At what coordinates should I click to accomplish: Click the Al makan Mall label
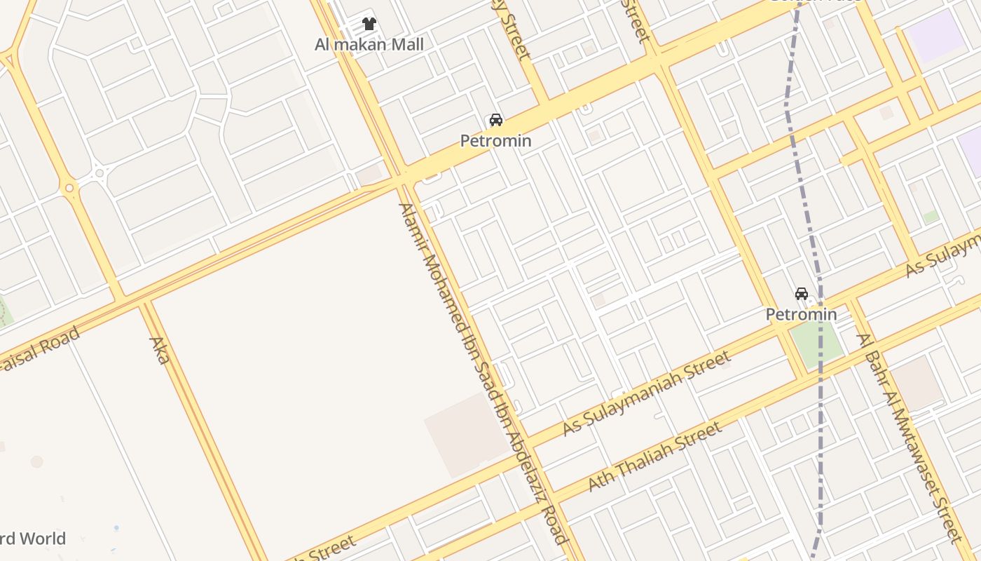coord(369,45)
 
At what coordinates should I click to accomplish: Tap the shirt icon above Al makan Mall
coord(369,24)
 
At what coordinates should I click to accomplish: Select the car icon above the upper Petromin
coord(496,120)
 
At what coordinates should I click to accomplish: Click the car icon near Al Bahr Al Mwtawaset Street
coord(801,293)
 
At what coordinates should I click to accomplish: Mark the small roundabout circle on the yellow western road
coord(69,188)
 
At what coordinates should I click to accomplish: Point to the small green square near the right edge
coord(931,217)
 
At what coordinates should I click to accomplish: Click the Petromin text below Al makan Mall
coord(495,141)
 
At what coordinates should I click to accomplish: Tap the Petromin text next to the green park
coord(801,314)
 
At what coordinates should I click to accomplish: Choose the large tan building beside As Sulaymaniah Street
coord(465,435)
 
